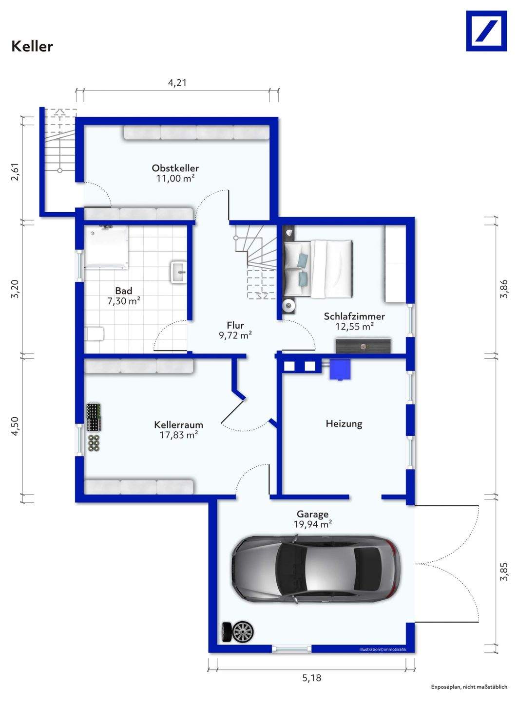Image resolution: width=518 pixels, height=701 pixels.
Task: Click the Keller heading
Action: (x=32, y=46)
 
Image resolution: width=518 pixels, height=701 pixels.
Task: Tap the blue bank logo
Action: (x=486, y=31)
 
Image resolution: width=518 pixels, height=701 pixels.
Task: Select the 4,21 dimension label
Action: (x=177, y=83)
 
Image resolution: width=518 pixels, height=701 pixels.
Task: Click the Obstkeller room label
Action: (x=175, y=167)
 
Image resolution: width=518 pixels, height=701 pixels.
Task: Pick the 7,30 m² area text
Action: (x=124, y=301)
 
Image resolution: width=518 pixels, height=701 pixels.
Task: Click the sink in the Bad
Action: (x=179, y=272)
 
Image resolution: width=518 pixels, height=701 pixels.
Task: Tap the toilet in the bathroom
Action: (x=95, y=334)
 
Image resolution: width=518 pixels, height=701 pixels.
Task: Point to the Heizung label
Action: (x=344, y=424)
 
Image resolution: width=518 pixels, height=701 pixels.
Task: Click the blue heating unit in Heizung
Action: (x=340, y=369)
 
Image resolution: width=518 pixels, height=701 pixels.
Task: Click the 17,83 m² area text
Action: (x=179, y=435)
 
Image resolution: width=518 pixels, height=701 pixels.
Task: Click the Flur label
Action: (x=235, y=325)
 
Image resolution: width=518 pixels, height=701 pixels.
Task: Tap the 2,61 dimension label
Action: (x=16, y=172)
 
